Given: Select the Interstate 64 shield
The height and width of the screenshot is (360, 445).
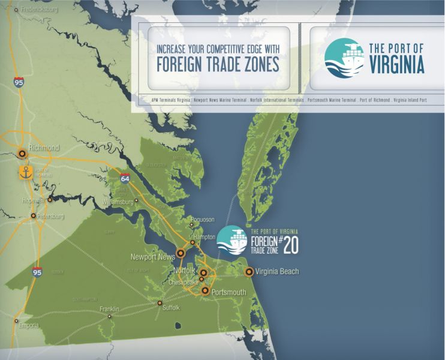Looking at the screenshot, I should point(124,178).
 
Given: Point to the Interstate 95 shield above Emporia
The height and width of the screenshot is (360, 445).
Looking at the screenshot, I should point(37,272).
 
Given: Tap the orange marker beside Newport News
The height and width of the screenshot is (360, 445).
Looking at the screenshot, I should point(181,254).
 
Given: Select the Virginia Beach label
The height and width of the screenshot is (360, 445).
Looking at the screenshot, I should point(276,272).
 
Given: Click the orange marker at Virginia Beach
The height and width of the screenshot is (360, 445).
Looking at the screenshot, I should point(249,272).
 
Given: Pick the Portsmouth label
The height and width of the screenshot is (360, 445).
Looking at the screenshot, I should point(229,292).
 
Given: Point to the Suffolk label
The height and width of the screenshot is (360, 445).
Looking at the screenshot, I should point(171,308).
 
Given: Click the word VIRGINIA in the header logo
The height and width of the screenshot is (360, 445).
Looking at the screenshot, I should point(396,64).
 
